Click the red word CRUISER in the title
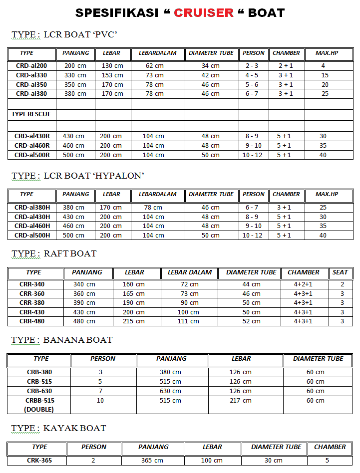pos(204,12)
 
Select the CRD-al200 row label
pos(31,66)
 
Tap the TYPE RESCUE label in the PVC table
pos(31,114)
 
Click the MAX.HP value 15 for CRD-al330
pos(325,75)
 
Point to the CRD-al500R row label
pos(32,155)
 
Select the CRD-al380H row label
pos(32,208)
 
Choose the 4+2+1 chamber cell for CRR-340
pos(303,284)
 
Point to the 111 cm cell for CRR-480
pos(189,321)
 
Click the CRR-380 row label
pos(32,303)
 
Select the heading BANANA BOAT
pos(78,340)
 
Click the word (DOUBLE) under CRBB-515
pos(39,410)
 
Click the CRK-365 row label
pos(39,461)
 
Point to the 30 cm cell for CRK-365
pos(274,461)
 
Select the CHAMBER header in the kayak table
pos(330,447)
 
